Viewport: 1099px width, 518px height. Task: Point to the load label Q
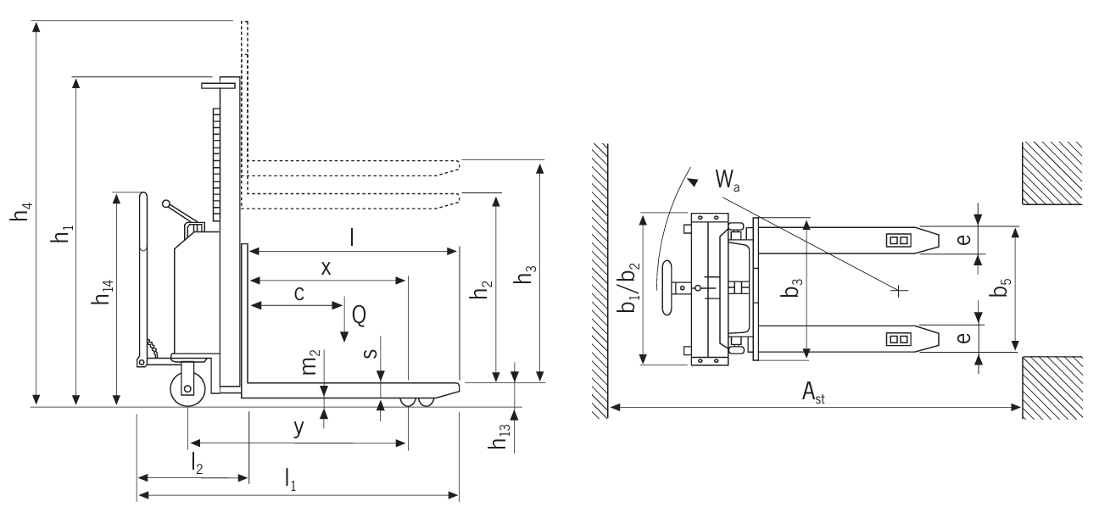pyautogui.click(x=359, y=315)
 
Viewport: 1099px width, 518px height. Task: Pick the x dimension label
pyautogui.click(x=326, y=267)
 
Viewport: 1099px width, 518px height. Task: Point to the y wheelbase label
pyautogui.click(x=298, y=428)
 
